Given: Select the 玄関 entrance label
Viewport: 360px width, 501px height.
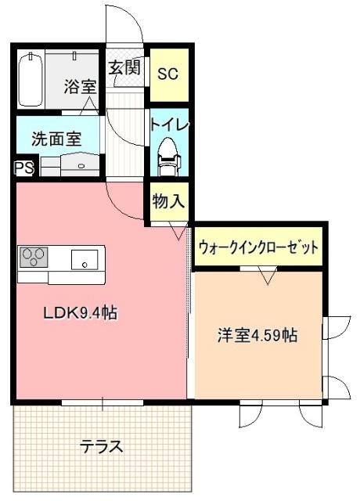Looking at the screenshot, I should coord(124,67).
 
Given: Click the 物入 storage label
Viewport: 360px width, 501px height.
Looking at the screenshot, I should coord(168,201).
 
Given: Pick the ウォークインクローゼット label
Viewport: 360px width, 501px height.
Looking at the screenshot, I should coord(258,247).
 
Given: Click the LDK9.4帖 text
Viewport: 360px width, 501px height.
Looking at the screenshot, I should coord(80,313).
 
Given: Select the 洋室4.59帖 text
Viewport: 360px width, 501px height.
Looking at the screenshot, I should coord(257,335).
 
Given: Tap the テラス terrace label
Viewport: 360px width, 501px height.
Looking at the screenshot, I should coord(102,447).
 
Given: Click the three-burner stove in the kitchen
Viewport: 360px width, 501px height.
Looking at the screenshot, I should coord(34,257).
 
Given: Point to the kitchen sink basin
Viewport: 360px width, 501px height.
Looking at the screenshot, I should coord(84,258).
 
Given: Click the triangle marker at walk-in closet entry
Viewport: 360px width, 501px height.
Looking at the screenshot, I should coord(268,276).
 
